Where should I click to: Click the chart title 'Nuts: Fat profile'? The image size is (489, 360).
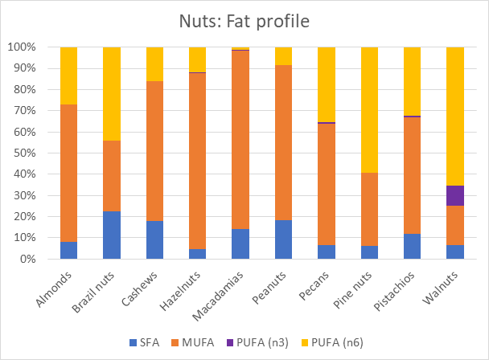coord(244,22)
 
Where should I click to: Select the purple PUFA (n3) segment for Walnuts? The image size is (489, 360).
coord(455,195)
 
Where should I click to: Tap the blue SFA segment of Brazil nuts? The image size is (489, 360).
coord(111,235)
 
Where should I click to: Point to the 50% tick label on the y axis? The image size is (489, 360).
coord(23,153)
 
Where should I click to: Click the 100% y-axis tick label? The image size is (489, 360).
coord(20,47)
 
